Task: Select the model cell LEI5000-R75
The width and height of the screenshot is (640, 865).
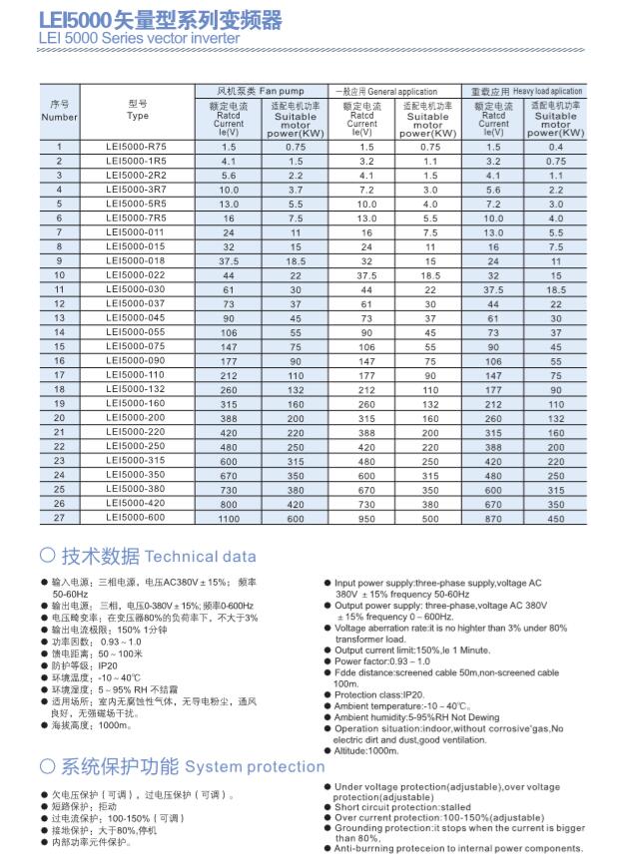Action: tap(137, 147)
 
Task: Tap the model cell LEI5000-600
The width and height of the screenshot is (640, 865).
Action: tap(137, 518)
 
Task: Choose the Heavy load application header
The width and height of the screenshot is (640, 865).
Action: tap(526, 91)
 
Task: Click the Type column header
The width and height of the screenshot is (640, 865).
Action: tap(138, 110)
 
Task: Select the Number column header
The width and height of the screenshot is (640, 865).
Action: tap(60, 111)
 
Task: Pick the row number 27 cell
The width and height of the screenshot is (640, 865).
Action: tap(60, 518)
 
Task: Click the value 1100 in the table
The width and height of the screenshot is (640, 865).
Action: tap(230, 519)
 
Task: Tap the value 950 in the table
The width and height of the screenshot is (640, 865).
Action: tap(366, 519)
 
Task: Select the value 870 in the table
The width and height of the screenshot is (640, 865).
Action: tap(493, 519)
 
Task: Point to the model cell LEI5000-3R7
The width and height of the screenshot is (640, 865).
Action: tap(137, 190)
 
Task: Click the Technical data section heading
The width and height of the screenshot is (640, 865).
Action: tap(147, 556)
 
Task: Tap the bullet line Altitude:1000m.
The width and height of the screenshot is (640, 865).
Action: tap(366, 750)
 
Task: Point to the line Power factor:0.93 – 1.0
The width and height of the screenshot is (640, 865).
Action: tap(382, 660)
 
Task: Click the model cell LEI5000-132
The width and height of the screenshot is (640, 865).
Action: tap(137, 389)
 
